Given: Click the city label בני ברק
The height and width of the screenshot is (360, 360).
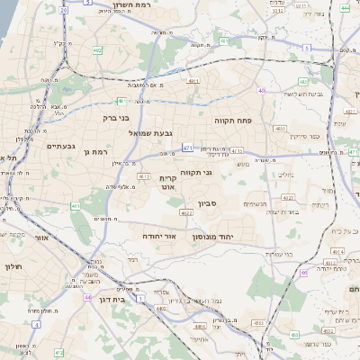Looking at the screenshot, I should (116, 118).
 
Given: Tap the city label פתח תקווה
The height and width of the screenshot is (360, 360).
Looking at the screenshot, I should (232, 120).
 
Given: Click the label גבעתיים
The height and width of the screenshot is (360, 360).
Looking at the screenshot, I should (59, 145).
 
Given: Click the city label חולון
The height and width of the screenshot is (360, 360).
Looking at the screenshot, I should (12, 267).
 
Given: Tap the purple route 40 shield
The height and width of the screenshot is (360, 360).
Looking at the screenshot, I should (261, 90).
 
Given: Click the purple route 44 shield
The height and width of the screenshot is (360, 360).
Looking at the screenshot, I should (87, 296).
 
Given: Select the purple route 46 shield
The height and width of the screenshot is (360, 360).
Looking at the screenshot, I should (303, 272).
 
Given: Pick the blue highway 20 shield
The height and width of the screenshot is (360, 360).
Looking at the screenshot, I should (62, 11).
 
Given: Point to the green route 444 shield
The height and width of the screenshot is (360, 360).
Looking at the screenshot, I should (346, 8).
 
